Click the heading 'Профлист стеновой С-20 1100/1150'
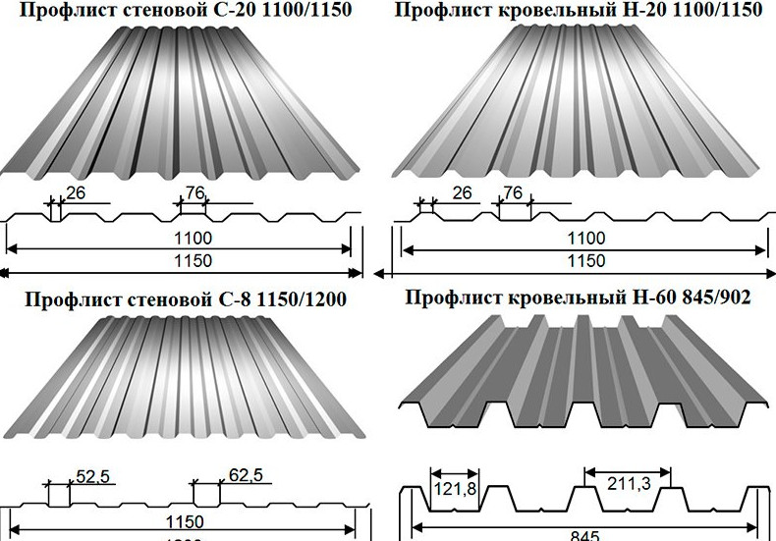(186, 12)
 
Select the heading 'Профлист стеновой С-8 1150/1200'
(186, 298)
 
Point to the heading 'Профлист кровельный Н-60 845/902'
(578, 298)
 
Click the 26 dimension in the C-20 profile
(77, 193)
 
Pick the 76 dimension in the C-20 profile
(194, 193)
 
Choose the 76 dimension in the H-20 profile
(514, 193)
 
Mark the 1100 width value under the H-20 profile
(586, 238)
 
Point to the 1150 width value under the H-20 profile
(586, 261)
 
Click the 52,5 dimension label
(92, 477)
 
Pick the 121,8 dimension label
(453, 489)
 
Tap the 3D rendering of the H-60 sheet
(586, 373)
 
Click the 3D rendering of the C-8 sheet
(187, 378)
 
